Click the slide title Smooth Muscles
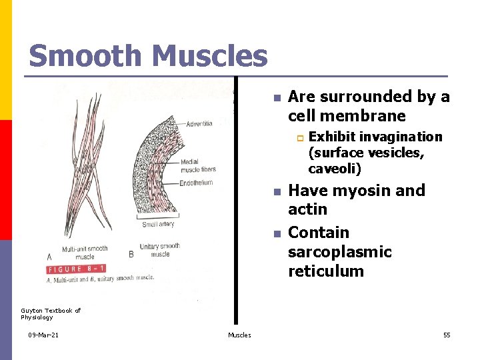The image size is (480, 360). click(148, 56)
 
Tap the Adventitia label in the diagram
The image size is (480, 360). click(199, 125)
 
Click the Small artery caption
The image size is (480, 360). click(157, 224)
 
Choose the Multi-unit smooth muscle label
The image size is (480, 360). click(85, 252)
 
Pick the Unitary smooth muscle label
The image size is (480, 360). click(160, 250)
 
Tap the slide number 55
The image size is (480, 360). click(447, 335)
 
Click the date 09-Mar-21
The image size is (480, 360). click(43, 335)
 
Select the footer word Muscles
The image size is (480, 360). click(239, 335)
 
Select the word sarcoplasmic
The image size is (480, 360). click(339, 252)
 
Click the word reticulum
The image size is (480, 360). click(325, 271)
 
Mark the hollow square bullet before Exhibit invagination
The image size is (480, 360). click(300, 137)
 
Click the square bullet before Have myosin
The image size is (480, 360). click(277, 192)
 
